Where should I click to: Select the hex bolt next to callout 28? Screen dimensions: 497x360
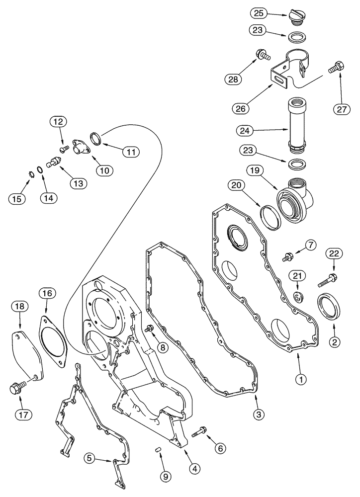(x=262, y=55)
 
